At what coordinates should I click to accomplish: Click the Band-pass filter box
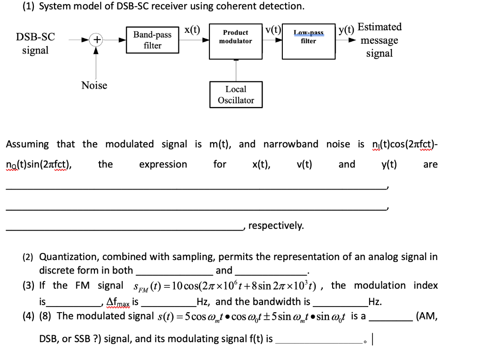153,40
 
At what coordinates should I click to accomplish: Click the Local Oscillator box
236,94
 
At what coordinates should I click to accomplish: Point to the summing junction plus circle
96,40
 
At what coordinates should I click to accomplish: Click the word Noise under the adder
94,85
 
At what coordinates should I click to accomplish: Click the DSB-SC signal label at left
35,43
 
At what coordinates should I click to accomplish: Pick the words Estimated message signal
380,40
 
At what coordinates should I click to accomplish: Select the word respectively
276,226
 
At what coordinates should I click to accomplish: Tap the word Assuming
27,144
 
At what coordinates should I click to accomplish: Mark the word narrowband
291,144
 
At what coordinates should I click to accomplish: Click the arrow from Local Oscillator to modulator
236,70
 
